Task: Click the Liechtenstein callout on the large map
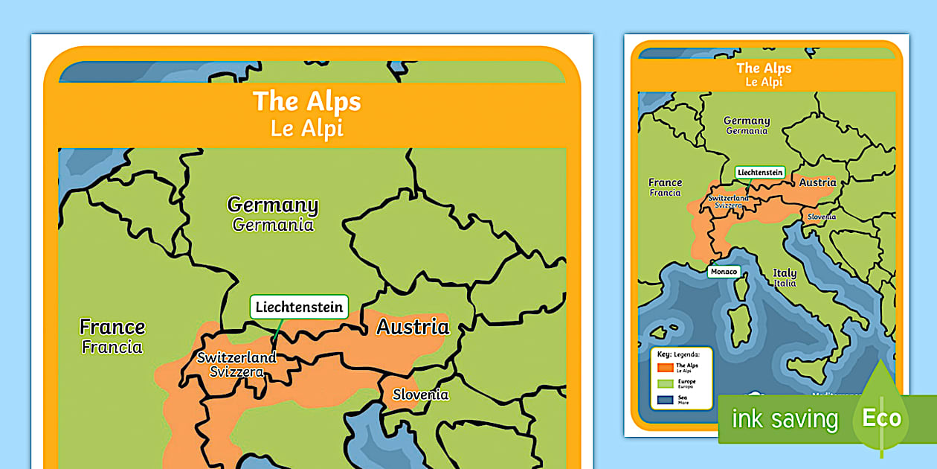[299, 307]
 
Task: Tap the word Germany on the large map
[272, 205]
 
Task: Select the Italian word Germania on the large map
[272, 225]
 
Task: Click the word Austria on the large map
[413, 326]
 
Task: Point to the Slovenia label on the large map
[420, 395]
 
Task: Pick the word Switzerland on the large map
[236, 357]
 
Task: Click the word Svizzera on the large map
[236, 371]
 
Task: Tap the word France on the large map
[112, 327]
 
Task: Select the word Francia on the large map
[112, 347]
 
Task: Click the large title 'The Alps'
[306, 101]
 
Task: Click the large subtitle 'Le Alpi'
[306, 128]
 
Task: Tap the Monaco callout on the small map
[724, 272]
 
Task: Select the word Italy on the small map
[785, 273]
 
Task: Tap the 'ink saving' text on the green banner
[784, 419]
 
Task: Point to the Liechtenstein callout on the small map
[760, 172]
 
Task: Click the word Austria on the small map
[817, 182]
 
